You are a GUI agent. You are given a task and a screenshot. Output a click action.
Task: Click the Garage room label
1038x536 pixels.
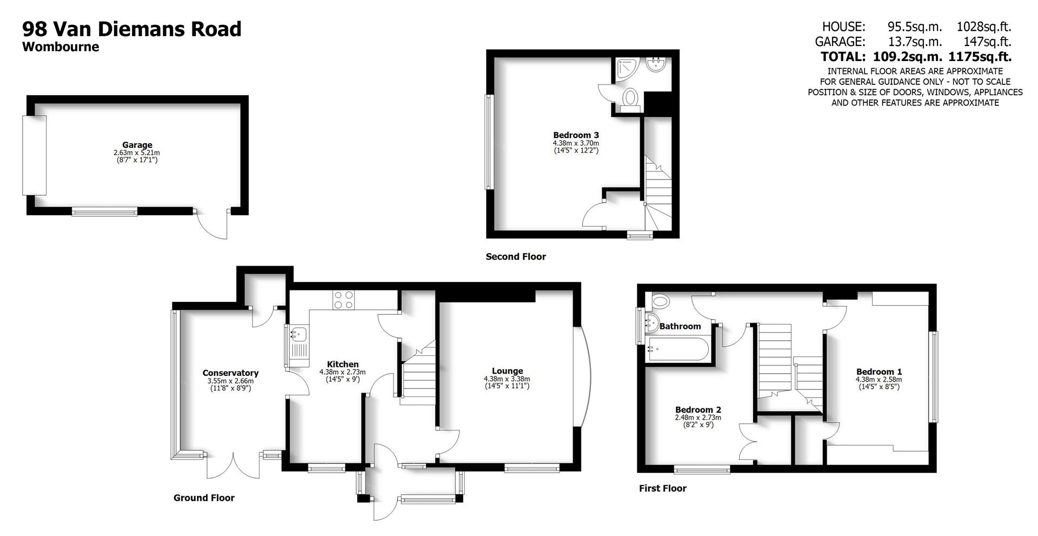137,145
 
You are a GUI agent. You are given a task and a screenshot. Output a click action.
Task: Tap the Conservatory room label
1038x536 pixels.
230,373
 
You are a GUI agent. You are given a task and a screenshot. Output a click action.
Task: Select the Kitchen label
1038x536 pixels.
342,364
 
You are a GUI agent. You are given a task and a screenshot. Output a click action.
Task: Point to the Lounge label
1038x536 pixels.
507,371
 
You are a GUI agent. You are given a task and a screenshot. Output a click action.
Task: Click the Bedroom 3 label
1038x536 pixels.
576,135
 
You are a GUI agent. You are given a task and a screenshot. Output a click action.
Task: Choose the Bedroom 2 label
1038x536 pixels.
698,410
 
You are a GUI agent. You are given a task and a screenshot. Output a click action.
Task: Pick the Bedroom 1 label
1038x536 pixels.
879,372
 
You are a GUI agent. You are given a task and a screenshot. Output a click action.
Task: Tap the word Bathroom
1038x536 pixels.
680,326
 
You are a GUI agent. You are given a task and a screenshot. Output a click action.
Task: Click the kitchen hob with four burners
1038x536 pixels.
344,300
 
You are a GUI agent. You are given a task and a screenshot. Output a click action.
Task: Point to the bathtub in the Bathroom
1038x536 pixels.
678,349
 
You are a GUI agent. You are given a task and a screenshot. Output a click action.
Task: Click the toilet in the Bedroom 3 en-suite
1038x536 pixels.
630,100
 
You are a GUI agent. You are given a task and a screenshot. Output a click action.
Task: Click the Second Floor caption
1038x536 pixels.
516,257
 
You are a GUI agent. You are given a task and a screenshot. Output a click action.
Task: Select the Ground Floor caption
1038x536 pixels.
204,498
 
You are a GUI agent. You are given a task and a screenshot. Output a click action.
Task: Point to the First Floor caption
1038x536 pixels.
662,488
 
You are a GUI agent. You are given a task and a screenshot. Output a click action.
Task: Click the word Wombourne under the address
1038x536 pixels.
61,47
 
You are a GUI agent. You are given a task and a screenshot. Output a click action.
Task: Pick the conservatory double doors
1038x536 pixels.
234,465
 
